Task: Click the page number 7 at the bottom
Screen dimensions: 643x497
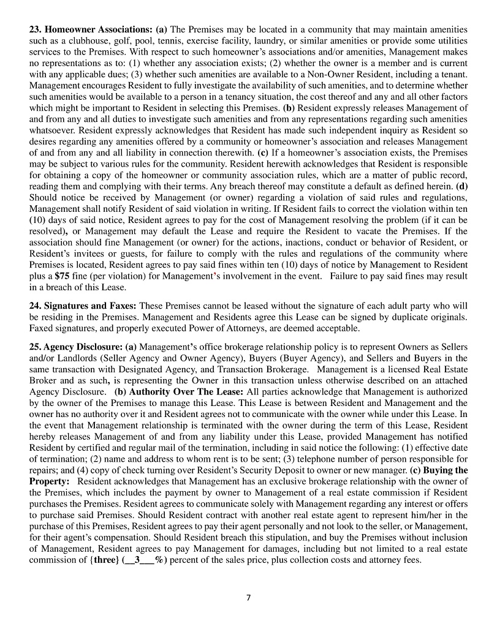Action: (248, 598)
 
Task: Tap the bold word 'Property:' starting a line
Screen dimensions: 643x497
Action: (49, 481)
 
